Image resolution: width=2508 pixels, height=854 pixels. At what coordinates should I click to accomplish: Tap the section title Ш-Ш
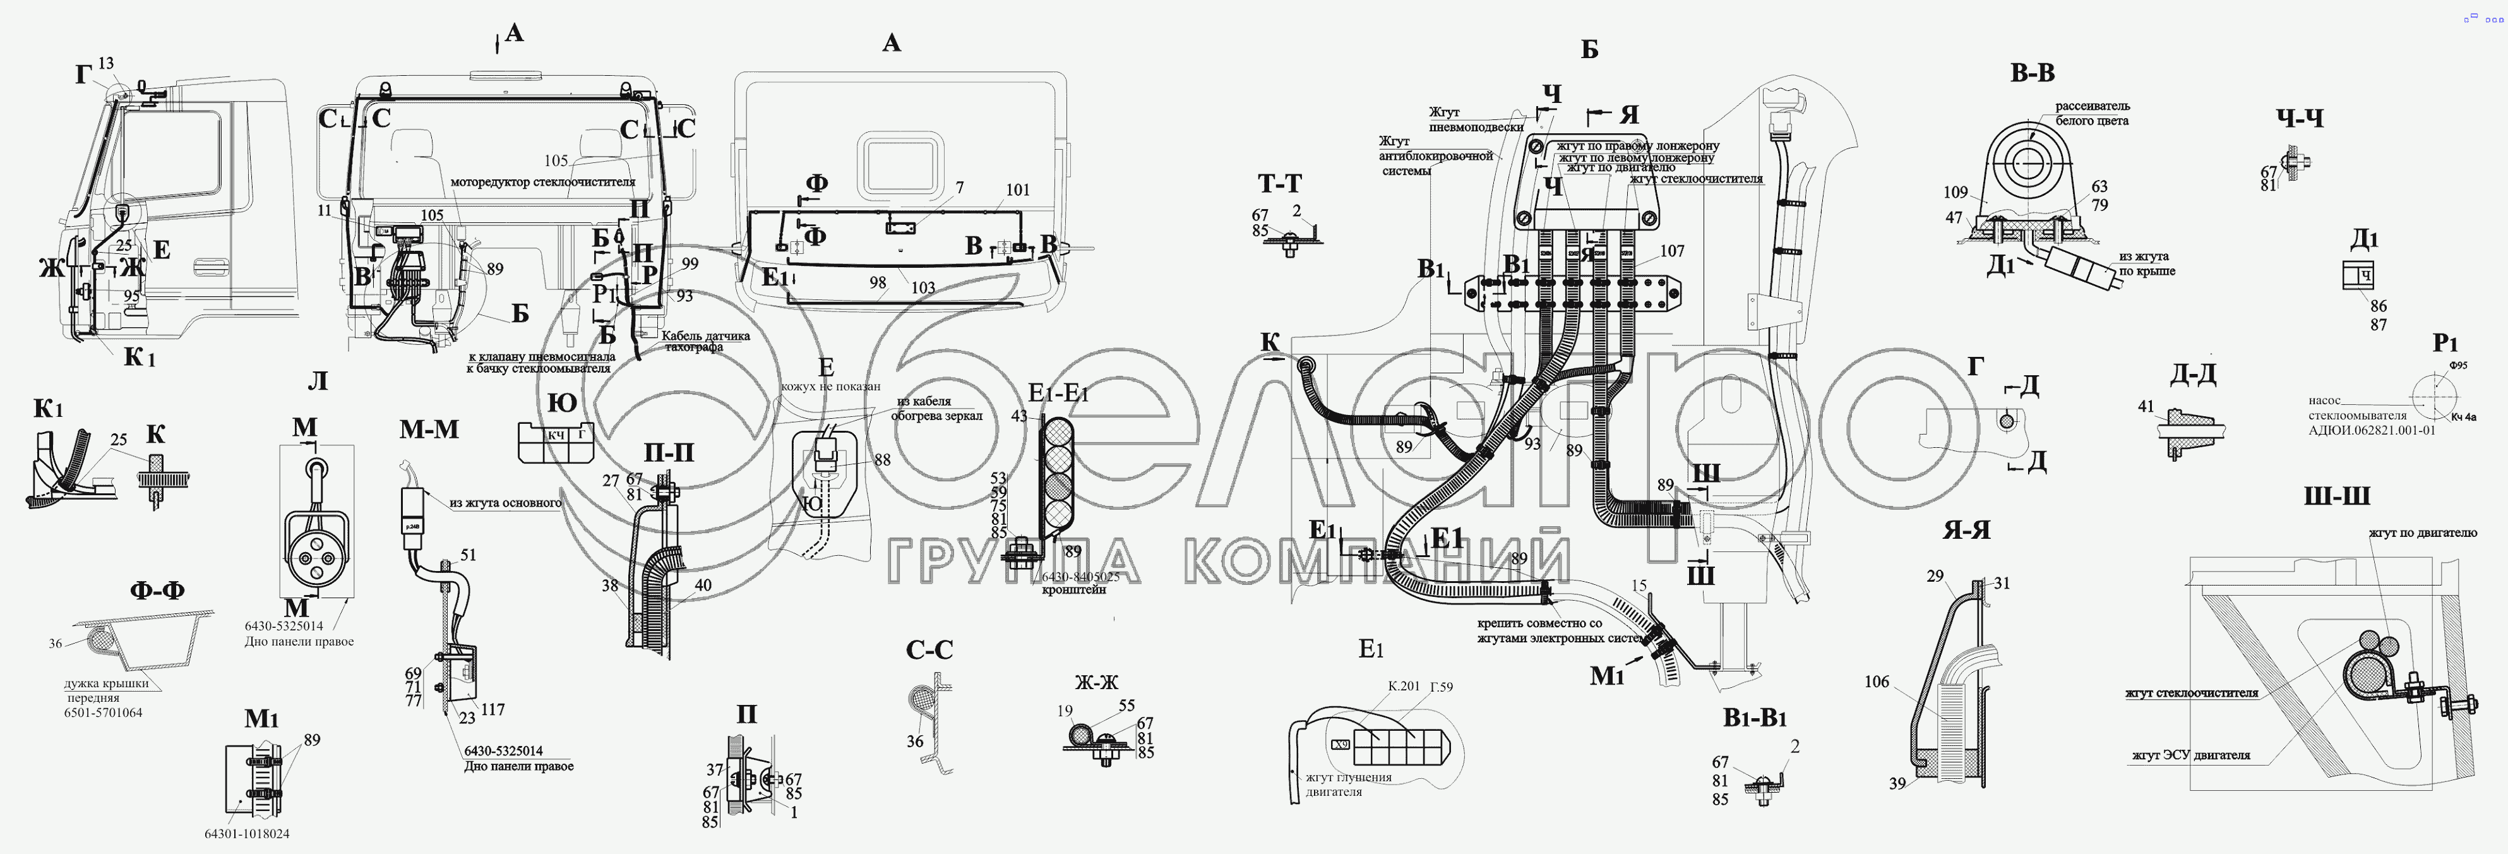(2337, 496)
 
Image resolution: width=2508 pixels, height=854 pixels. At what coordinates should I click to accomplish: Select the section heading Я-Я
(1968, 530)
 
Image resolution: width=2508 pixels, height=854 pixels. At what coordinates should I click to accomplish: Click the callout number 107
(1671, 251)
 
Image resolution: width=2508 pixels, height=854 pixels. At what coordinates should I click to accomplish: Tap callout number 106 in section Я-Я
(1876, 682)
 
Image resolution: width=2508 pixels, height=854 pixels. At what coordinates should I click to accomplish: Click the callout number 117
(493, 710)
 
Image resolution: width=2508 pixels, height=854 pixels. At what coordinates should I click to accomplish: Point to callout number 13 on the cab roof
(105, 63)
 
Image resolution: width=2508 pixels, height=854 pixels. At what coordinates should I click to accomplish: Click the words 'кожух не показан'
(830, 387)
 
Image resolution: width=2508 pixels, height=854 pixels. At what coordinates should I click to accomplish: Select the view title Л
(318, 381)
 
